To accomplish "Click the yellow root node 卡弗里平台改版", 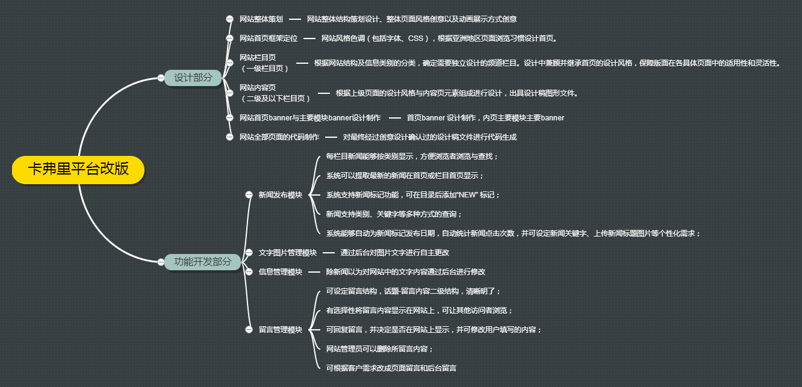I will [78, 169].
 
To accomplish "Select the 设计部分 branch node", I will [193, 78].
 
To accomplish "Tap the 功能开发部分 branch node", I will [202, 262].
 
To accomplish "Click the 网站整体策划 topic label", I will [261, 19].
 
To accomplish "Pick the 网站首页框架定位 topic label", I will [268, 39].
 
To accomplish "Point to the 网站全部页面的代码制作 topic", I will [279, 137].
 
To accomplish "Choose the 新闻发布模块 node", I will [280, 195].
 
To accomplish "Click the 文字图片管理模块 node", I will [287, 253].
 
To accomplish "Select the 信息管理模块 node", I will [280, 272].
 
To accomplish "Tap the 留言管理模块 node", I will [280, 330].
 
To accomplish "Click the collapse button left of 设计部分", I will [161, 78].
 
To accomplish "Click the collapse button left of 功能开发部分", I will [161, 262].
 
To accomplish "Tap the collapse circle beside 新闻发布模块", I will [249, 195].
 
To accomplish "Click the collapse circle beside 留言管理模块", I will [249, 330].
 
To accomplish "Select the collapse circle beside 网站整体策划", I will [229, 19].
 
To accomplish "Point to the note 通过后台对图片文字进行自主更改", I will [394, 253].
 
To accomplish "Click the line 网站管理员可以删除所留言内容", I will [379, 349].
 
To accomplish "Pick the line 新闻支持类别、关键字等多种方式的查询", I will [394, 214].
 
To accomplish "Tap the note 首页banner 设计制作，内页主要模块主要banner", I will [485, 118].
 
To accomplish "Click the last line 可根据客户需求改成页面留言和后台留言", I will [391, 368].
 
